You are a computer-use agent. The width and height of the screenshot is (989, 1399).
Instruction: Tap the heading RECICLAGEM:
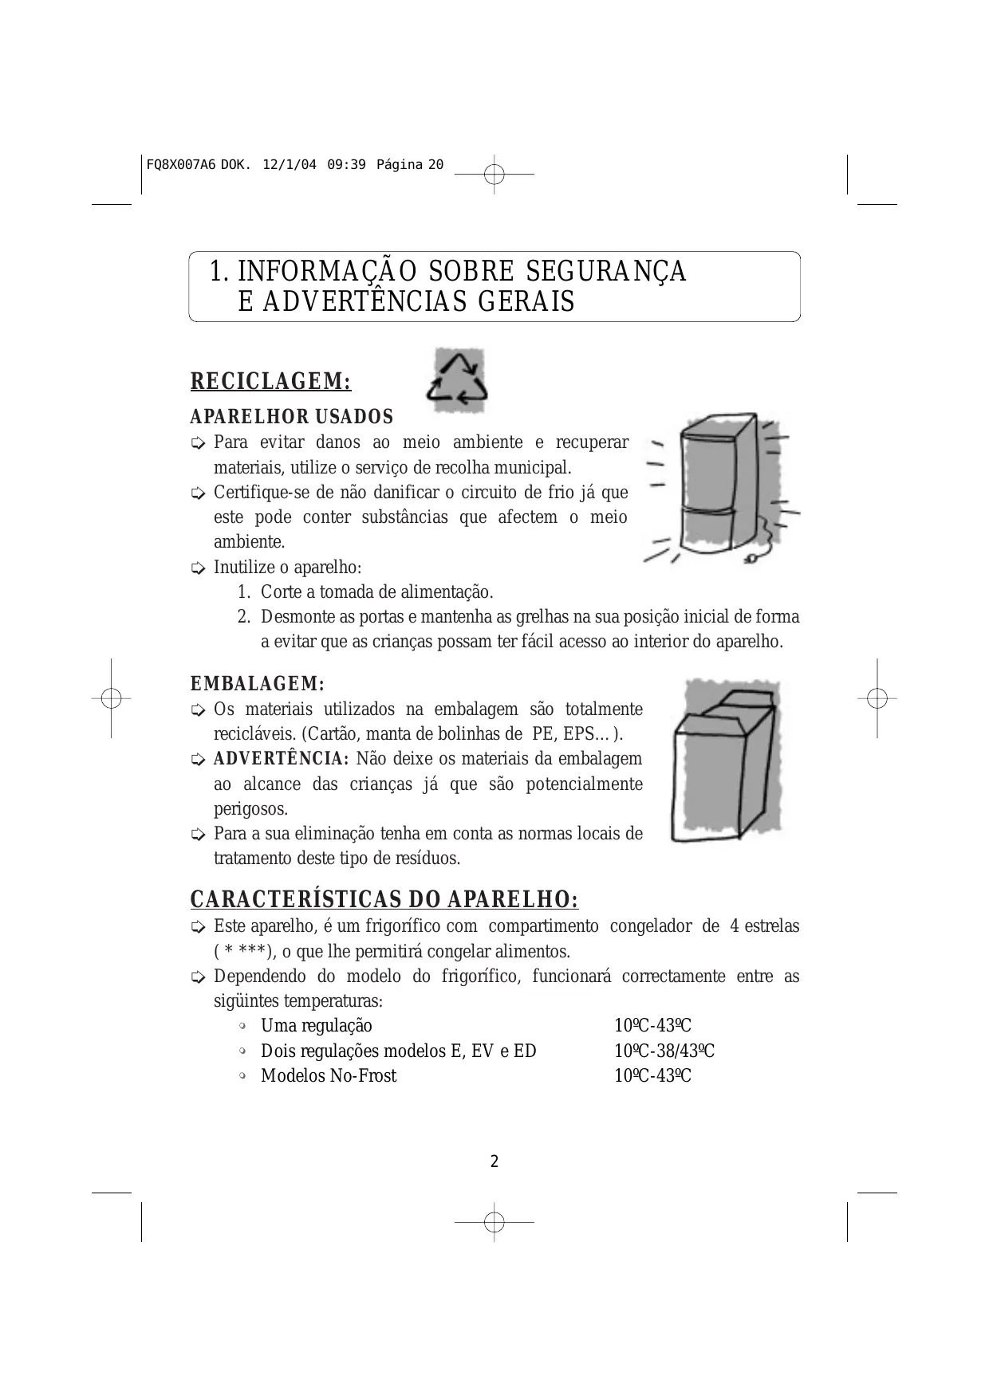(270, 382)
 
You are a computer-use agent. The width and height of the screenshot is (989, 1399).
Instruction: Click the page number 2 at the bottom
(494, 1161)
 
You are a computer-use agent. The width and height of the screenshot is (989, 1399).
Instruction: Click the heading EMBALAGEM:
(257, 684)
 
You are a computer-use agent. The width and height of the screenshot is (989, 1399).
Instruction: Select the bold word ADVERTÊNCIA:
(282, 758)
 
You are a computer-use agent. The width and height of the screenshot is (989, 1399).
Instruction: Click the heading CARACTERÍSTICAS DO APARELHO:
(384, 900)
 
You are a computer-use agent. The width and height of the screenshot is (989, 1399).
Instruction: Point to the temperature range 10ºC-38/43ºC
(664, 1051)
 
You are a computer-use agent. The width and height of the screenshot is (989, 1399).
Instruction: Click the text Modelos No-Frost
(329, 1076)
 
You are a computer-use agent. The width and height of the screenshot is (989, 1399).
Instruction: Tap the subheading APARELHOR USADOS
(291, 417)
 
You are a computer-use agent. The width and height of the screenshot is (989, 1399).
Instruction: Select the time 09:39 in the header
(346, 165)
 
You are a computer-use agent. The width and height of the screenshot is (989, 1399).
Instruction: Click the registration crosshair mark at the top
(494, 173)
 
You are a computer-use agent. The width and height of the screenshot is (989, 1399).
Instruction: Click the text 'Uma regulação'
(316, 1026)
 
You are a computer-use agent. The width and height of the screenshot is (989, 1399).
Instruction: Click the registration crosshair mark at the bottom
(494, 1221)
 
